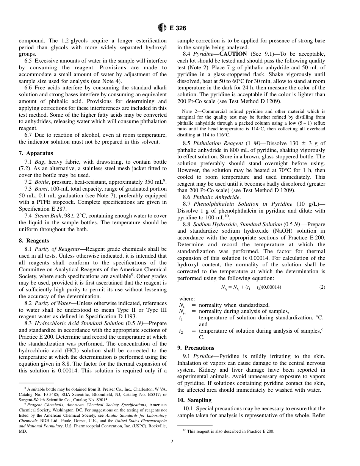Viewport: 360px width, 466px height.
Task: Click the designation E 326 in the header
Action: [x=177, y=28]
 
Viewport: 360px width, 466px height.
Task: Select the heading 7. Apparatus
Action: [x=36, y=153]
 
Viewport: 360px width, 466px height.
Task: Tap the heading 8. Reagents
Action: [x=34, y=241]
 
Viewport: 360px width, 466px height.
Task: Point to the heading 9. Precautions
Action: [x=196, y=348]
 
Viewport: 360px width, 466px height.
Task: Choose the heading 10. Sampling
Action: [x=194, y=400]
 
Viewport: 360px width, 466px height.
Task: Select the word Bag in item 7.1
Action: [x=39, y=162]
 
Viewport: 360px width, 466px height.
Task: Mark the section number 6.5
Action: [x=29, y=61]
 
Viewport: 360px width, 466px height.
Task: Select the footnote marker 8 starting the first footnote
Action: [x=25, y=388]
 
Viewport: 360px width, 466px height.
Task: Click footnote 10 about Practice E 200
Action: [x=227, y=432]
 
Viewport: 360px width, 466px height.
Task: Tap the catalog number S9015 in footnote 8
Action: [x=102, y=400]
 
